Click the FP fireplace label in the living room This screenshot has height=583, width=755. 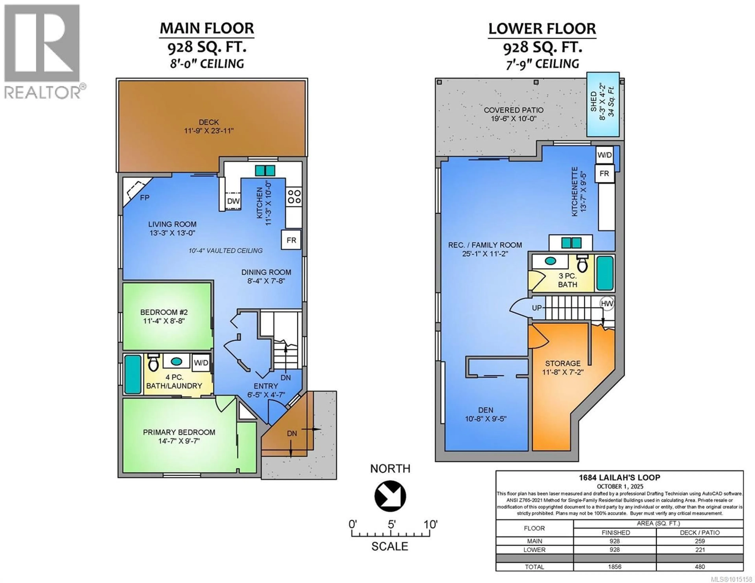145,198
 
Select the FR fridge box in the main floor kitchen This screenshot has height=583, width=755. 291,240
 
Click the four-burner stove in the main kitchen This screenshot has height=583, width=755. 294,196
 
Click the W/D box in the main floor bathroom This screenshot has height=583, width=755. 201,363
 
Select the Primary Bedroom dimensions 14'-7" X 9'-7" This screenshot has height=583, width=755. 179,441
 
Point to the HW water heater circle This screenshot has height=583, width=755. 607,303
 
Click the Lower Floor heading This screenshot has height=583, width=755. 542,29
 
